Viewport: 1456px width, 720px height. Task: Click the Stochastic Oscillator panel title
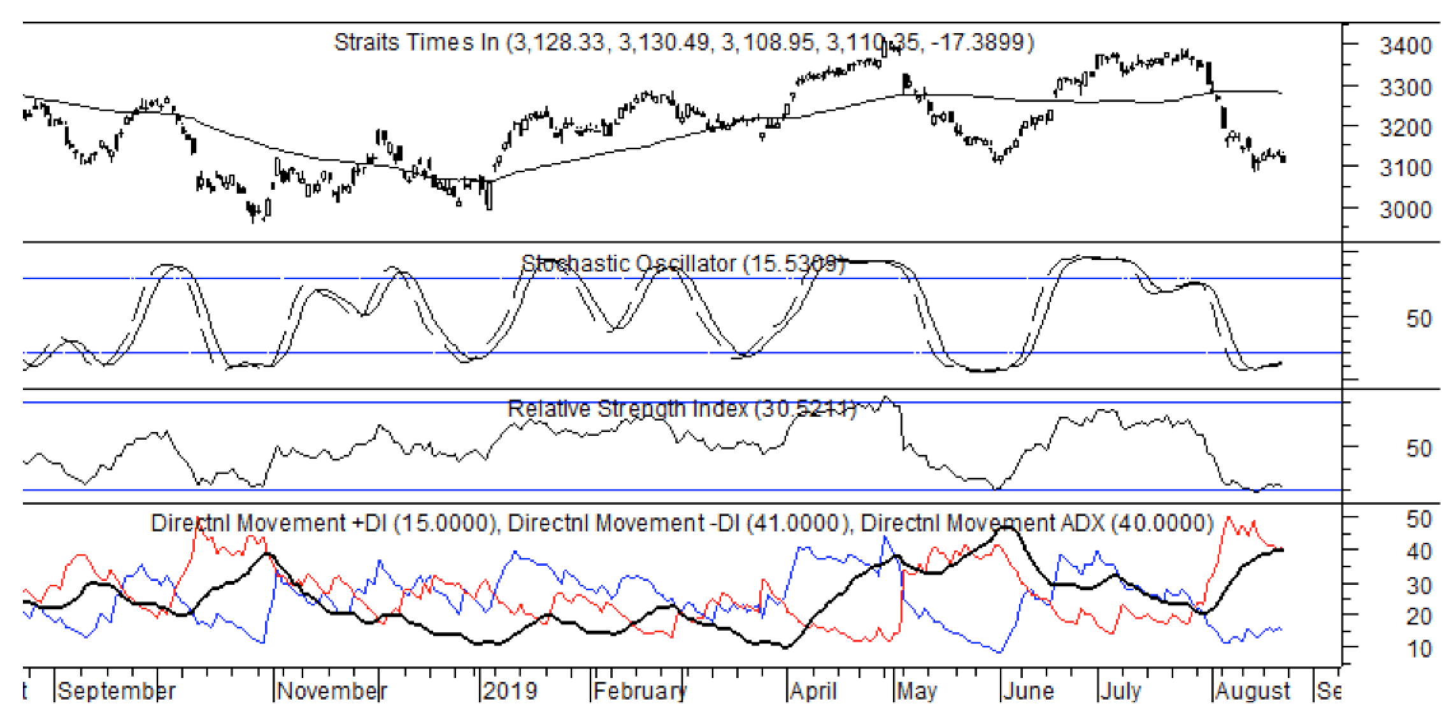coord(683,263)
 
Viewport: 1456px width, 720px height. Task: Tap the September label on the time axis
coord(116,691)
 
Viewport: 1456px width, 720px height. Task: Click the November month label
coord(332,691)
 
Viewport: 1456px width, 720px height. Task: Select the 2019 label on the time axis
coord(510,691)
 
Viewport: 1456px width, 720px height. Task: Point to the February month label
coord(639,691)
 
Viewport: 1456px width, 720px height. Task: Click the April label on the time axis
coord(813,691)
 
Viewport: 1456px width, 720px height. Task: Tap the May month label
coord(917,691)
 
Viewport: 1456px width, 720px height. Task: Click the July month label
coord(1120,691)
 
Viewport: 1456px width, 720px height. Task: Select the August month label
coord(1253,691)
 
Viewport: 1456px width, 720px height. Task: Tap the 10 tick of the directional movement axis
coord(1418,649)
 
